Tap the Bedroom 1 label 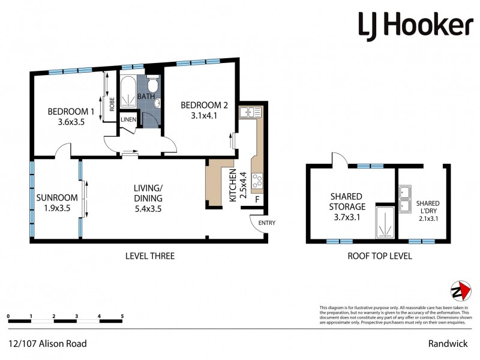[71, 111]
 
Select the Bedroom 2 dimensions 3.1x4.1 [205, 116]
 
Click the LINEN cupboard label [128, 119]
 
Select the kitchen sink [250, 112]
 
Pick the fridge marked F [258, 199]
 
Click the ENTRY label [266, 223]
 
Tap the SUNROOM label [57, 198]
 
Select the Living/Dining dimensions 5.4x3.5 [148, 209]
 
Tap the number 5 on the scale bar [122, 316]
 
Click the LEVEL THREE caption [149, 256]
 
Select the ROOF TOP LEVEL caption [379, 256]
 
